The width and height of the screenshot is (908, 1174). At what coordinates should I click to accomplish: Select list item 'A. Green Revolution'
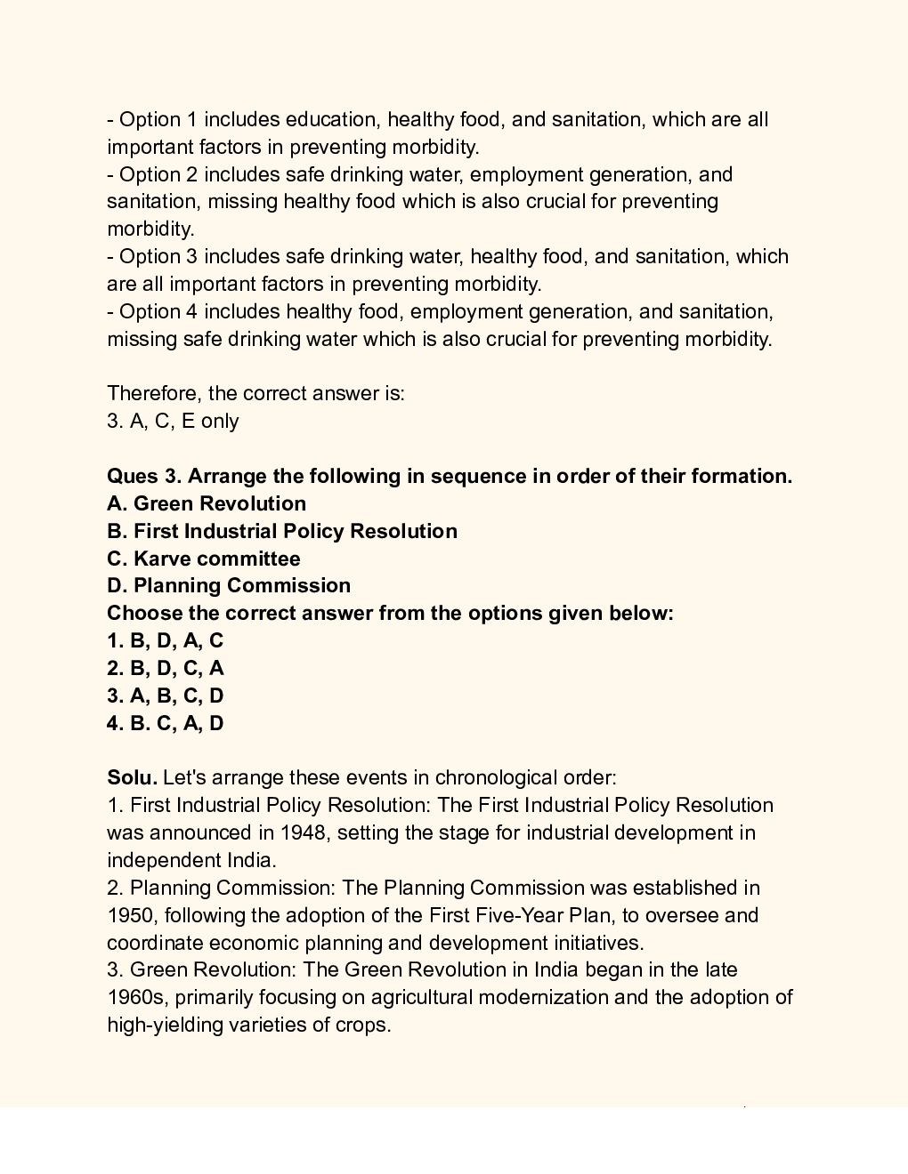click(207, 503)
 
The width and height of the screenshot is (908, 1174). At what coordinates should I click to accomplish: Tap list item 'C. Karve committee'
click(204, 559)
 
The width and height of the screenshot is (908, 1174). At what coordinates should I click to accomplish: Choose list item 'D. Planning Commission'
click(229, 585)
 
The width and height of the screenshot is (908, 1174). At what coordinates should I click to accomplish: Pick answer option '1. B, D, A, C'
click(166, 640)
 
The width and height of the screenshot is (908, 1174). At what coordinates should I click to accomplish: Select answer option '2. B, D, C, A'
click(166, 668)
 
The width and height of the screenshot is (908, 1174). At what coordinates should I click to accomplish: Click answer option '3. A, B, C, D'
click(166, 696)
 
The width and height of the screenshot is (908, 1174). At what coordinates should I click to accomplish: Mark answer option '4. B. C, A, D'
click(166, 723)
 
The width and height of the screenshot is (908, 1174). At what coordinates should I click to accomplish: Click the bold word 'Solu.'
click(132, 777)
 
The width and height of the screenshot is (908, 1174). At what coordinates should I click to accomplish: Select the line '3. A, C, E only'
click(174, 421)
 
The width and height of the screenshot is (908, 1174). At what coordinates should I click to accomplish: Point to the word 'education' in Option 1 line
click(331, 119)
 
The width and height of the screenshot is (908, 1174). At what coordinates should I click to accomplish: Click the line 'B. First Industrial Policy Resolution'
click(282, 531)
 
